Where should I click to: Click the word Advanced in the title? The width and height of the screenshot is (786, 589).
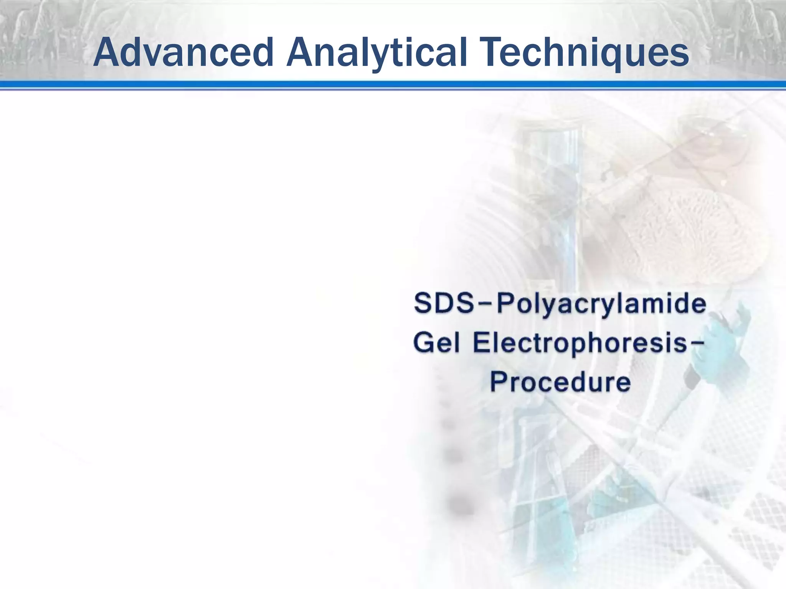[183, 53]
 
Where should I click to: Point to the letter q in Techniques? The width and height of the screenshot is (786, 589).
[617, 58]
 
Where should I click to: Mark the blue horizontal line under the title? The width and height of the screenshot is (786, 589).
[393, 85]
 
